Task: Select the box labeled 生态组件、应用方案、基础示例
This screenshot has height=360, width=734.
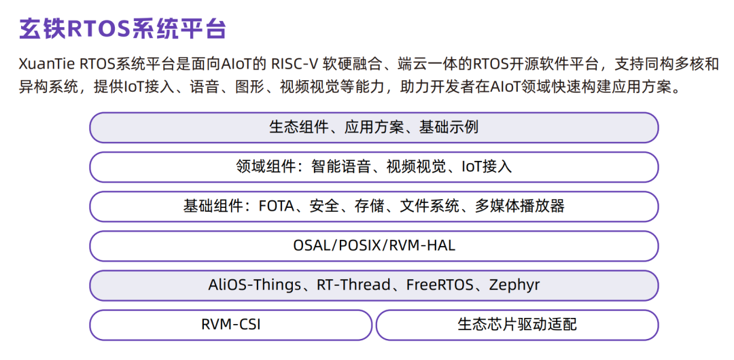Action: click(x=374, y=127)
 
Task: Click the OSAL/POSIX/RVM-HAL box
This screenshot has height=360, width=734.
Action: click(x=374, y=245)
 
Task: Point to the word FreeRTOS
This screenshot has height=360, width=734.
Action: click(x=439, y=285)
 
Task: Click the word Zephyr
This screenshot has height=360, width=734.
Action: click(x=514, y=285)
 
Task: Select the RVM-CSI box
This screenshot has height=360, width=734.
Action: click(x=230, y=324)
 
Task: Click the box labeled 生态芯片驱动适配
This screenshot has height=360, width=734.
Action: click(x=517, y=324)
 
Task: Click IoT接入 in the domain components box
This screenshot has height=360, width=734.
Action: click(x=487, y=166)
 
